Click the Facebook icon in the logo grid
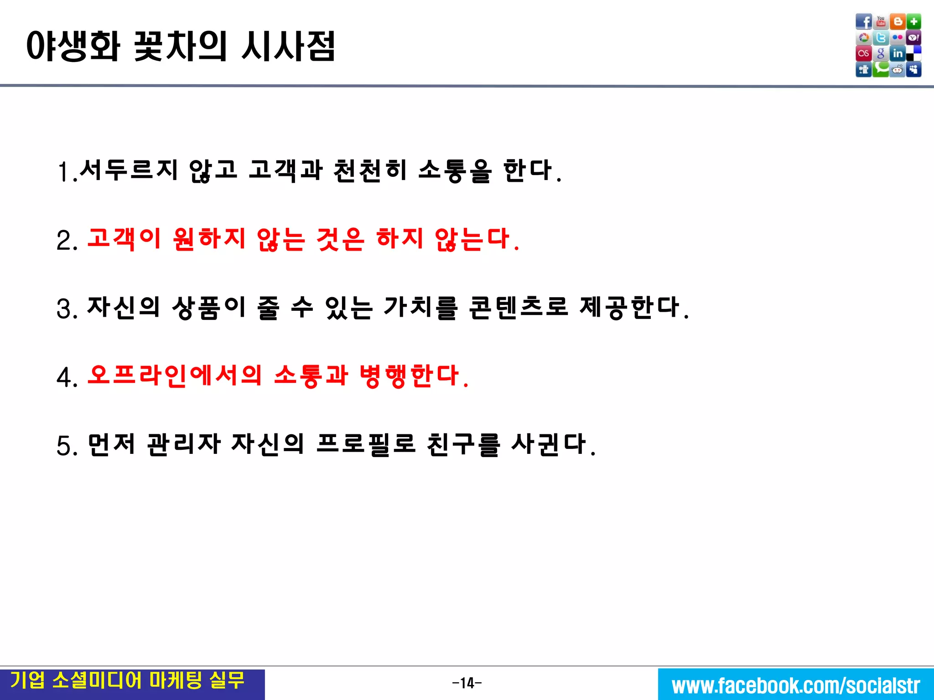pyautogui.click(x=863, y=21)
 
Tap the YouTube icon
pyautogui.click(x=881, y=21)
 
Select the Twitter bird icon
pyautogui.click(x=881, y=38)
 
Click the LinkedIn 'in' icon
pyautogui.click(x=898, y=54)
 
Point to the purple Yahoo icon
pyautogui.click(x=914, y=38)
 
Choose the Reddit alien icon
pyautogui.click(x=898, y=70)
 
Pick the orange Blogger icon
pyautogui.click(x=898, y=21)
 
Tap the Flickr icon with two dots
pyautogui.click(x=898, y=38)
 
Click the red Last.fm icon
pyautogui.click(x=863, y=54)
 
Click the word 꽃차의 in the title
pyautogui.click(x=180, y=46)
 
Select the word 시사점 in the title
pyautogui.click(x=288, y=46)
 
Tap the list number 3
pyautogui.click(x=66, y=309)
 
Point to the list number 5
pyautogui.click(x=66, y=446)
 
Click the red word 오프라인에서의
pyautogui.click(x=175, y=376)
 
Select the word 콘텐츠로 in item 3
pyautogui.click(x=519, y=307)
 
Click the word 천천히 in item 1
pyautogui.click(x=370, y=170)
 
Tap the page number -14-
pyautogui.click(x=467, y=683)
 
